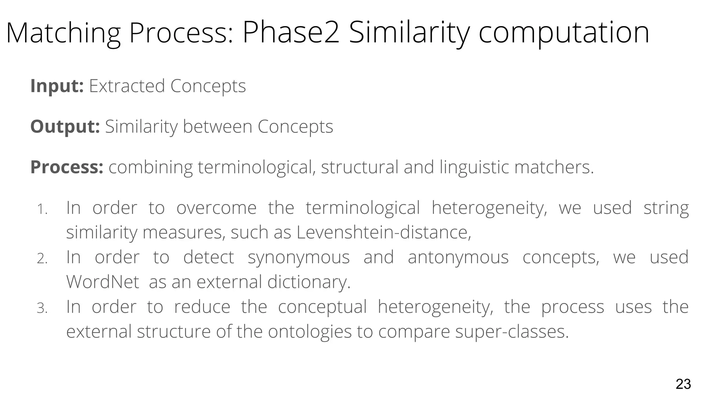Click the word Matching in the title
(63, 33)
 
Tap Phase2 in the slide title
(291, 33)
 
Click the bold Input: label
(57, 86)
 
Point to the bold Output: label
(65, 127)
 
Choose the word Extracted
(127, 86)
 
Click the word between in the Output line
(218, 127)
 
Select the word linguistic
(474, 167)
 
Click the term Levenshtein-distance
(384, 232)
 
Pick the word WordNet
(103, 282)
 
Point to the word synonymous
(299, 257)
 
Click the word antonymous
(458, 257)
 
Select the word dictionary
(309, 282)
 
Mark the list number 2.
(42, 259)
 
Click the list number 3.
(42, 309)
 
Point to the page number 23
(683, 384)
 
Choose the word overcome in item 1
(216, 208)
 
